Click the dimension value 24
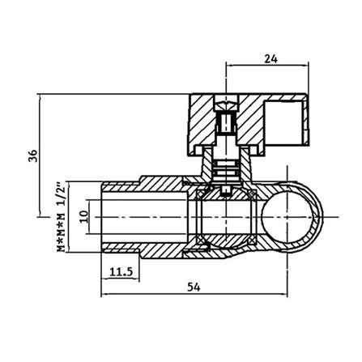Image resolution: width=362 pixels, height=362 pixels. tap(270, 59)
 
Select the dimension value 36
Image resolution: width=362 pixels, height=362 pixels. tap(33, 155)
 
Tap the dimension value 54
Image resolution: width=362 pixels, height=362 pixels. tap(194, 287)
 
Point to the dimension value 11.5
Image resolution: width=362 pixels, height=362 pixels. tap(121, 272)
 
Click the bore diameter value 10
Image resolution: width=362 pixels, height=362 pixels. tap(84, 216)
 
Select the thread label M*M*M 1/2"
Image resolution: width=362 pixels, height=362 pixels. tap(62, 216)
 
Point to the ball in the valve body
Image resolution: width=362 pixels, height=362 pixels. tap(226, 217)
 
